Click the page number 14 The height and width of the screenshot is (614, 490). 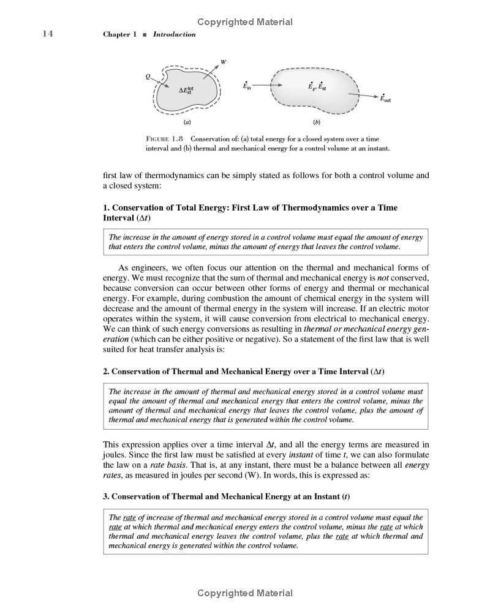coord(48,34)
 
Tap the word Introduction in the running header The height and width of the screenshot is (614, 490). coord(175,34)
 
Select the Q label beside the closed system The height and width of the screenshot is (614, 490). coord(148,77)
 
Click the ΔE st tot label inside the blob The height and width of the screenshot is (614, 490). coord(186,90)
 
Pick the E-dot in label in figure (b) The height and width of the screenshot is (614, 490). coord(247,86)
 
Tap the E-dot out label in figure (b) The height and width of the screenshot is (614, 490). coord(385,98)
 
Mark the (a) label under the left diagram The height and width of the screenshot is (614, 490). coord(187,121)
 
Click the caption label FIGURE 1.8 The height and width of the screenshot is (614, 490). coord(165,139)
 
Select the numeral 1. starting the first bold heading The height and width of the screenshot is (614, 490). coord(107,208)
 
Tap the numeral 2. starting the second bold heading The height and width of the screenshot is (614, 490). coord(107,372)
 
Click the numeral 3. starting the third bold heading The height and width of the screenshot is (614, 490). coord(107,496)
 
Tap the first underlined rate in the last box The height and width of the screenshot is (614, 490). coord(130,517)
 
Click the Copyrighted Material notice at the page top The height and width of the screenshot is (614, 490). coord(245,22)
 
